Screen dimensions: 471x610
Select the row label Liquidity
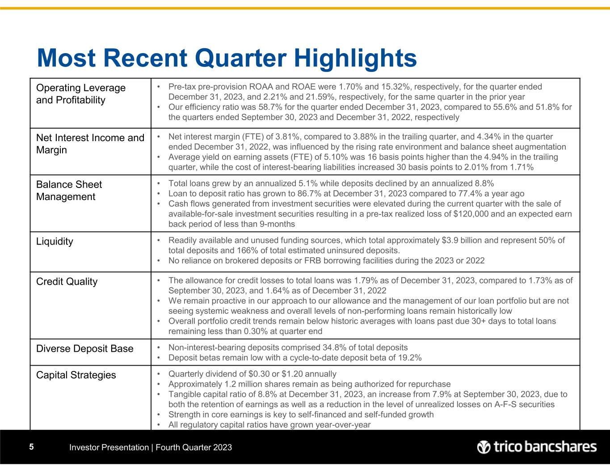[x=55, y=242]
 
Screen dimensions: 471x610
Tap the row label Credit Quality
[x=67, y=282]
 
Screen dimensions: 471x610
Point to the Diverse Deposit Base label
[x=84, y=349]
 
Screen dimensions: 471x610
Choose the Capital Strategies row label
[x=76, y=375]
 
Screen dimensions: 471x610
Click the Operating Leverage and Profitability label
[x=80, y=94]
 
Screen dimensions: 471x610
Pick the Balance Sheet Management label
[x=69, y=191]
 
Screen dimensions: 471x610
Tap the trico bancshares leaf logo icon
[x=484, y=447]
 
